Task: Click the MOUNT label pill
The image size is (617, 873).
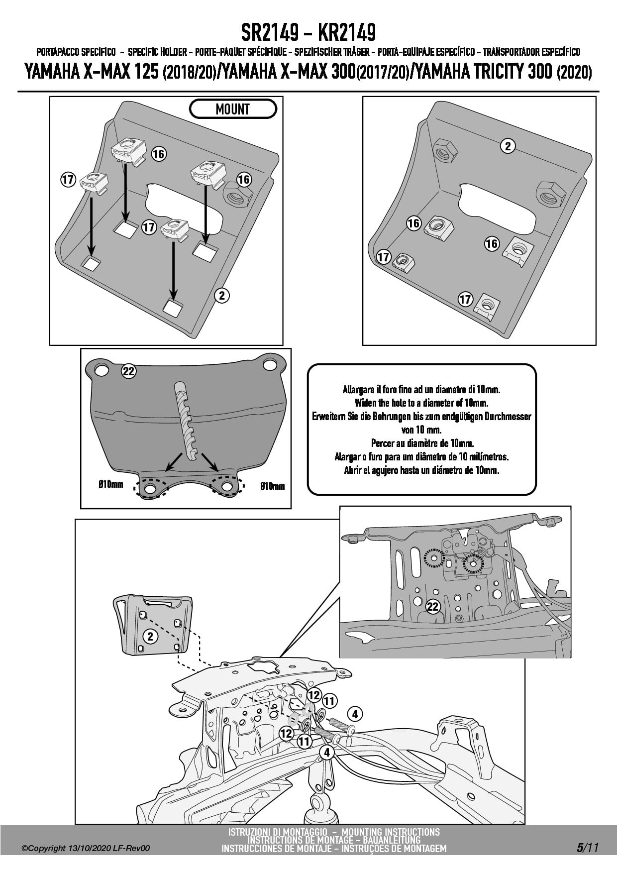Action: point(233,109)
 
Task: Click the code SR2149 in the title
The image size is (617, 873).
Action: point(270,33)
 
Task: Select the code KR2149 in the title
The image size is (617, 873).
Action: point(346,33)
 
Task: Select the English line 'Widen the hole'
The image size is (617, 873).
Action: point(421,403)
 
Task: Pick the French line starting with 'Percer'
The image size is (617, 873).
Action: point(422,443)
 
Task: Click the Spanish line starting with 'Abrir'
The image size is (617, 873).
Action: point(421,470)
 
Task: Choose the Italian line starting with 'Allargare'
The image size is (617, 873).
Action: point(421,389)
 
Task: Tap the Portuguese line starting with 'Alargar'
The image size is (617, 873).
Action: point(421,456)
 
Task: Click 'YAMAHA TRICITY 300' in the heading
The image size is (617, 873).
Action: point(484,73)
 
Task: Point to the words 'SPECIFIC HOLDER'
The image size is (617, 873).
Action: point(157,52)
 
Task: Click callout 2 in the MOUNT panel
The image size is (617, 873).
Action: point(221,295)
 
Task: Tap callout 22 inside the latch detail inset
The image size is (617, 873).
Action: point(433,606)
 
